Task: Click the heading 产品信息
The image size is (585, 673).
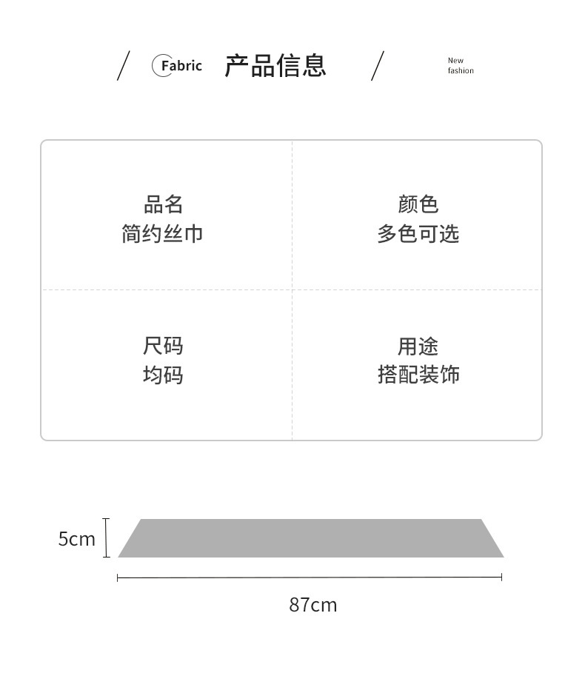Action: [275, 66]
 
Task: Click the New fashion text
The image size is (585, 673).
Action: [460, 66]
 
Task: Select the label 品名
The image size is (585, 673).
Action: [163, 204]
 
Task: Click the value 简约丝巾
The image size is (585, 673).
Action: [162, 234]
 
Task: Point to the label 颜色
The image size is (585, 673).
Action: [418, 204]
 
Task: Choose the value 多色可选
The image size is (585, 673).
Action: [418, 234]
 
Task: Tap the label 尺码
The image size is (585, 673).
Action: [163, 346]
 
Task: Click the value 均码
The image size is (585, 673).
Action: [163, 375]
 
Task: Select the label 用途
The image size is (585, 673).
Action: [418, 346]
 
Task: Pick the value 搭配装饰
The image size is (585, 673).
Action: [418, 375]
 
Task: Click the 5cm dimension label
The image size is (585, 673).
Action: [77, 539]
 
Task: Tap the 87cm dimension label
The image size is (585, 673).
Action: [312, 605]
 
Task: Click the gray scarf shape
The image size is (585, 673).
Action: [311, 538]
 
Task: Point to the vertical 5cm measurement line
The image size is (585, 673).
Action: [107, 538]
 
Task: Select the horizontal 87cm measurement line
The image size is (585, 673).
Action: [310, 577]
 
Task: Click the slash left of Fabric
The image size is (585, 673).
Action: [123, 66]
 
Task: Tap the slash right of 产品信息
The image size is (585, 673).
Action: [378, 66]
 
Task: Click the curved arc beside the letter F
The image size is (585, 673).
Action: [154, 66]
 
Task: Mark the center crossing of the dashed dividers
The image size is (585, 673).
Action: [292, 289]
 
